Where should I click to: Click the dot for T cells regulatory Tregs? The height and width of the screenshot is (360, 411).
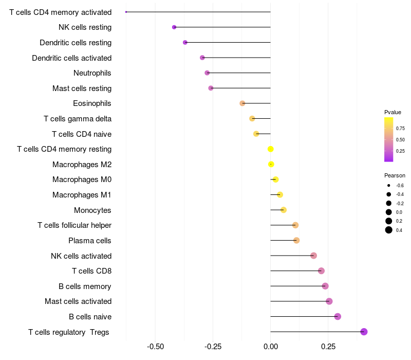click(x=364, y=332)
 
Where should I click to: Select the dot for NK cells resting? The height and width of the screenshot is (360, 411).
click(x=174, y=27)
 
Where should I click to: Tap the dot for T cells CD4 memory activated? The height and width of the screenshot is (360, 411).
click(x=126, y=12)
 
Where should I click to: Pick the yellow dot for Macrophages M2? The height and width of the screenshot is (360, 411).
click(x=271, y=165)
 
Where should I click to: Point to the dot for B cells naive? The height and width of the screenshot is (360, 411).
click(x=338, y=316)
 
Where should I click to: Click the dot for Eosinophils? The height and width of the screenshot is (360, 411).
click(x=242, y=103)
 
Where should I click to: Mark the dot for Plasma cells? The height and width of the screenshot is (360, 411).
click(x=296, y=240)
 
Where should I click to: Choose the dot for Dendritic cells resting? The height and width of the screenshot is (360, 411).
click(x=185, y=42)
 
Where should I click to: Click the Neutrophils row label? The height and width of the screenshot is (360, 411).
click(x=92, y=73)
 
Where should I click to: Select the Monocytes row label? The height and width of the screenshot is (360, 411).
click(x=92, y=210)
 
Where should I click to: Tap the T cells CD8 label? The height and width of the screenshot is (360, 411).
click(x=91, y=271)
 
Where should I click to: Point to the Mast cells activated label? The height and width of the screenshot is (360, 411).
click(x=78, y=301)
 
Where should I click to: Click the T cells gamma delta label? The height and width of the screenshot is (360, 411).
click(x=78, y=119)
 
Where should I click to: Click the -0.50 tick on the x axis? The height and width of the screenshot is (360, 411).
click(x=156, y=347)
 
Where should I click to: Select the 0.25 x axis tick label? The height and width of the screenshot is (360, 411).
click(x=328, y=347)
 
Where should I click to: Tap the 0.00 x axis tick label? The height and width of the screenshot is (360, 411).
click(x=271, y=347)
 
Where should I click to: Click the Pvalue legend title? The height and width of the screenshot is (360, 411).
click(x=393, y=112)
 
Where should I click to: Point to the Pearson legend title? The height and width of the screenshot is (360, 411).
click(x=395, y=175)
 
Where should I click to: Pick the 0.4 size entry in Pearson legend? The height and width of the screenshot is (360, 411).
click(x=389, y=230)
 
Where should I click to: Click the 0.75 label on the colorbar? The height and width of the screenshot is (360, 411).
click(x=400, y=129)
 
